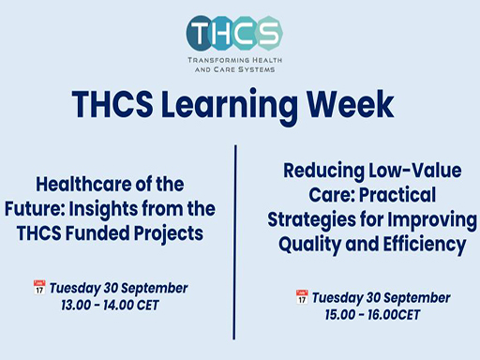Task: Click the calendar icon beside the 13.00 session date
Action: (x=38, y=288)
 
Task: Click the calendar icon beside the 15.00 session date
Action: (x=303, y=296)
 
